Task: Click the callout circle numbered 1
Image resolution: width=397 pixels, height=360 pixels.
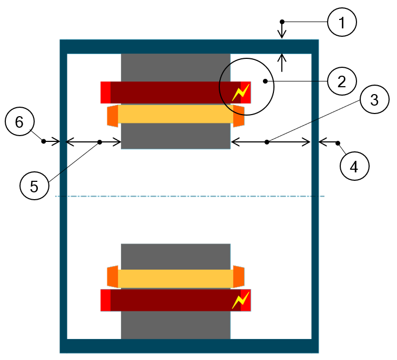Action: [342, 22]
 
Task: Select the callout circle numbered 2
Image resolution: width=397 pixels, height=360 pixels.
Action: [342, 81]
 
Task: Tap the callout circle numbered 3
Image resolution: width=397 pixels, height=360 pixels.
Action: [374, 100]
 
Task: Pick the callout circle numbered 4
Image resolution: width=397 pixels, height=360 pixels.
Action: [354, 167]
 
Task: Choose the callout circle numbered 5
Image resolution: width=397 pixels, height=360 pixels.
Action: [34, 187]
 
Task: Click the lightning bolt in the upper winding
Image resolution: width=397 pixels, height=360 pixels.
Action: [241, 93]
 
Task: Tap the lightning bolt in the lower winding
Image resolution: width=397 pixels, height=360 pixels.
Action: [241, 300]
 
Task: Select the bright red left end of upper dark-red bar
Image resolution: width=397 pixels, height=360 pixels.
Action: [106, 92]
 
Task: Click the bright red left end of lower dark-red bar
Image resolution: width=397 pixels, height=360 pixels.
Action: [106, 300]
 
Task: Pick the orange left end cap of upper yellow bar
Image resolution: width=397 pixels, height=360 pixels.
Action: [113, 116]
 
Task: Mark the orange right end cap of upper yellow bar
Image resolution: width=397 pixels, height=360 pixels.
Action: [239, 116]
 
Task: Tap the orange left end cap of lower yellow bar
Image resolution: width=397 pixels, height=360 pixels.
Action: [113, 277]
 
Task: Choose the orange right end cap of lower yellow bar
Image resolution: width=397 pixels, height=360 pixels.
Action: [239, 277]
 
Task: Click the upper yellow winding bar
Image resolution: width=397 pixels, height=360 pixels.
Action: [176, 114]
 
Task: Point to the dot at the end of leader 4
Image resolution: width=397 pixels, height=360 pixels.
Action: [338, 142]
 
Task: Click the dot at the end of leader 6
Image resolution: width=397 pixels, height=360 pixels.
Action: [44, 141]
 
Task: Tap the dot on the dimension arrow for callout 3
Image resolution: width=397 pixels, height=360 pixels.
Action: [267, 142]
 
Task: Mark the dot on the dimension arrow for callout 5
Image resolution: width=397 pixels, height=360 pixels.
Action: [99, 142]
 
